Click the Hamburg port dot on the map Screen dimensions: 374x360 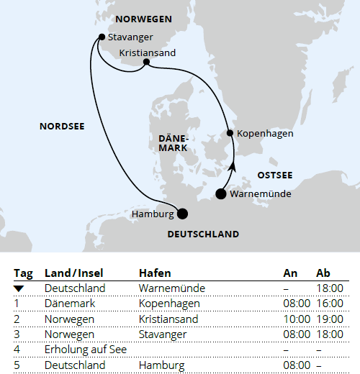pos(182,213)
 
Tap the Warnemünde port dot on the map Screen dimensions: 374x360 pos(221,193)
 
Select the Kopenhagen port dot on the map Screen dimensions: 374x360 pos(230,132)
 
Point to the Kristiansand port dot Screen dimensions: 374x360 pos(146,63)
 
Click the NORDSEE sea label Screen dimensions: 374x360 pos(62,127)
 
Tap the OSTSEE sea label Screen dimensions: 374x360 pos(274,175)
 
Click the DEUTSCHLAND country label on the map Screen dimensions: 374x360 pos(203,234)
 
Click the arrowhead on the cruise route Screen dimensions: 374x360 pos(232,166)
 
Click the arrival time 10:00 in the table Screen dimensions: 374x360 pos(297,319)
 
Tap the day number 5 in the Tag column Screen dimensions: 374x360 pos(17,365)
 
